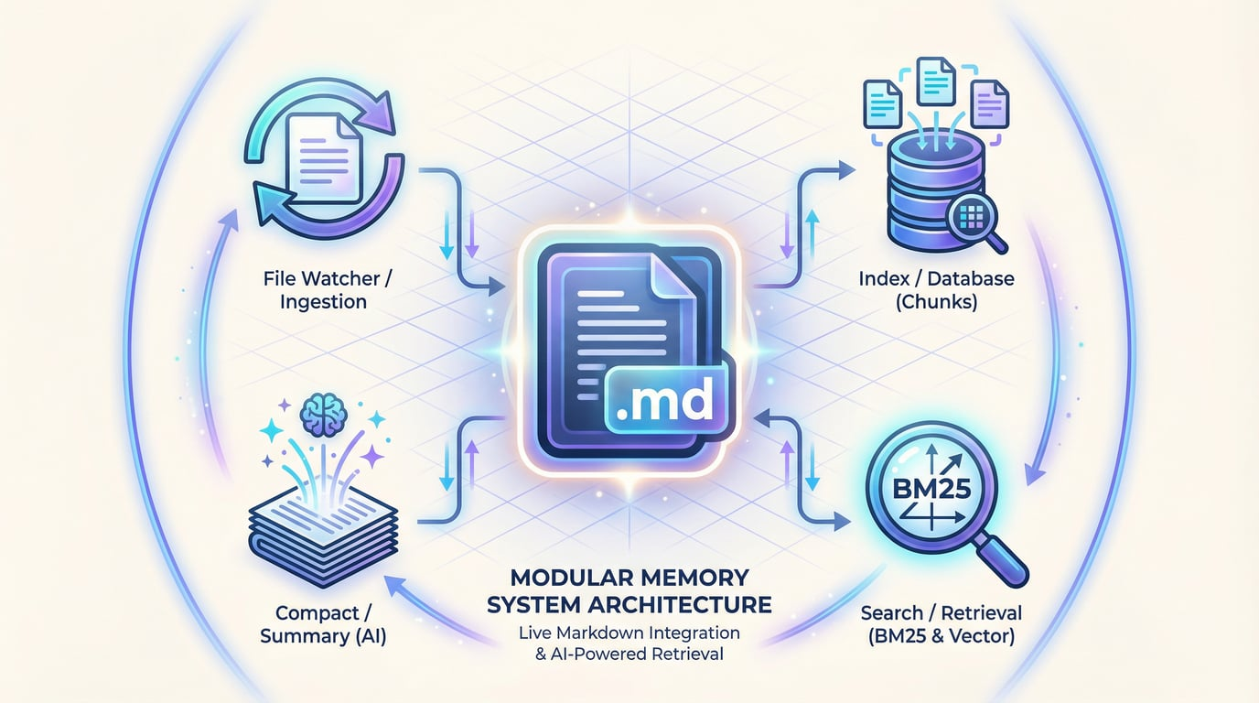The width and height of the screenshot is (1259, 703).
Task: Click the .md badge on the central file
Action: pos(665,401)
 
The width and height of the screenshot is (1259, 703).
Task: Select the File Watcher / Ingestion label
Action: pos(320,289)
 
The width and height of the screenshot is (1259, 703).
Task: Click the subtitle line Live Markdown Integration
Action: pos(629,633)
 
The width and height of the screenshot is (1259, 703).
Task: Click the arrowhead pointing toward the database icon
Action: pos(848,168)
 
